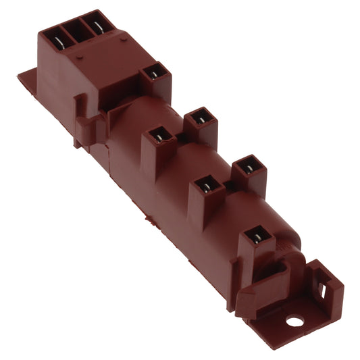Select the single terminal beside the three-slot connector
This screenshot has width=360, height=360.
tap(155, 72)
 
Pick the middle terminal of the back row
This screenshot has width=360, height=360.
tap(199, 119)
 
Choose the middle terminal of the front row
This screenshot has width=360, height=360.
tap(207, 186)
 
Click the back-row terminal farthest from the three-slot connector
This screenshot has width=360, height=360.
tap(248, 165)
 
